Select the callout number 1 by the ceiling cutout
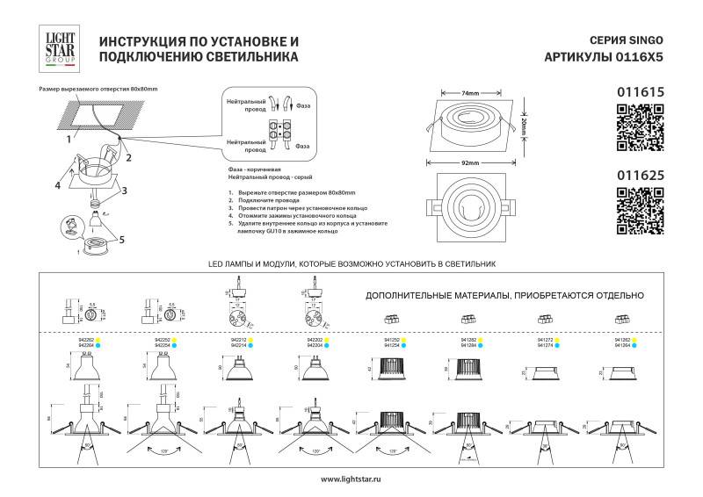point(67,138)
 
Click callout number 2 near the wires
point(128,158)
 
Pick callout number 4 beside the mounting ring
point(56,185)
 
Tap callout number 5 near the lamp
point(122,238)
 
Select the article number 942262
point(86,339)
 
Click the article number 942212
point(236,339)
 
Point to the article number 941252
point(393,339)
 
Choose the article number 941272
point(544,339)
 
